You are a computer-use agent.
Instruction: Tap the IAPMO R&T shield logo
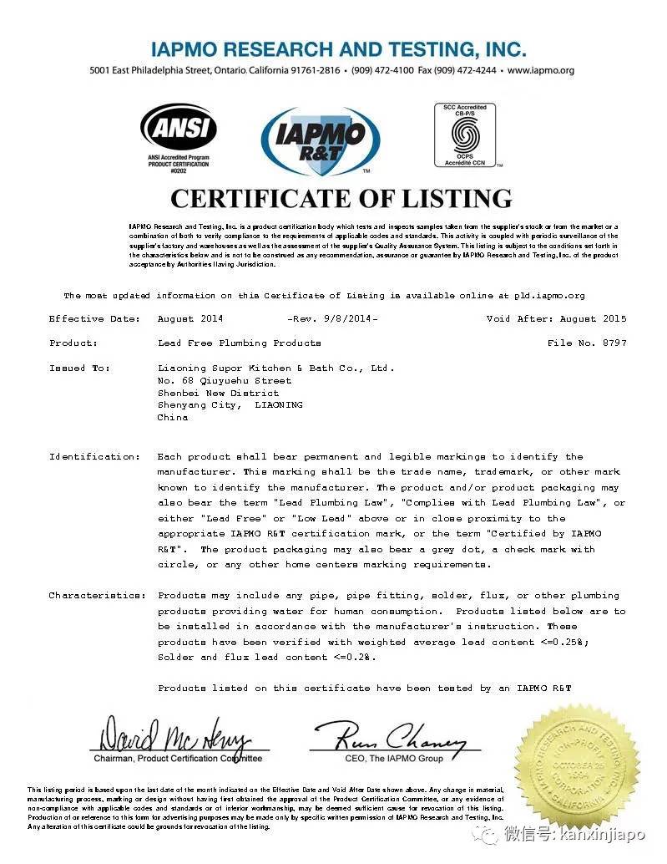click(x=321, y=140)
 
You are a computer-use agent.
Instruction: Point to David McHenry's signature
click(x=175, y=736)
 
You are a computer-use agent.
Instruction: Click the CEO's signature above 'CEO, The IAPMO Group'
click(x=389, y=736)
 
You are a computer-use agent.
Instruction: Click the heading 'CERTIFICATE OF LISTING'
click(x=341, y=198)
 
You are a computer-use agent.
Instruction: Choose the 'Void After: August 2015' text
click(x=556, y=318)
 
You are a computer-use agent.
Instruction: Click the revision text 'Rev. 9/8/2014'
click(x=332, y=318)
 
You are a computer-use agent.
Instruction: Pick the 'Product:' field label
click(x=73, y=343)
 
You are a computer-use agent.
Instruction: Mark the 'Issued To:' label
click(x=80, y=367)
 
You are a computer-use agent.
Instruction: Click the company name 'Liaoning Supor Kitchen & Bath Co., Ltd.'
click(x=275, y=367)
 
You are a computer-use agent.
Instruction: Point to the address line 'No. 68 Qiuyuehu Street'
click(x=225, y=380)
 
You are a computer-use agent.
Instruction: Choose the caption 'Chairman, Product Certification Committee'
click(x=178, y=759)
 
